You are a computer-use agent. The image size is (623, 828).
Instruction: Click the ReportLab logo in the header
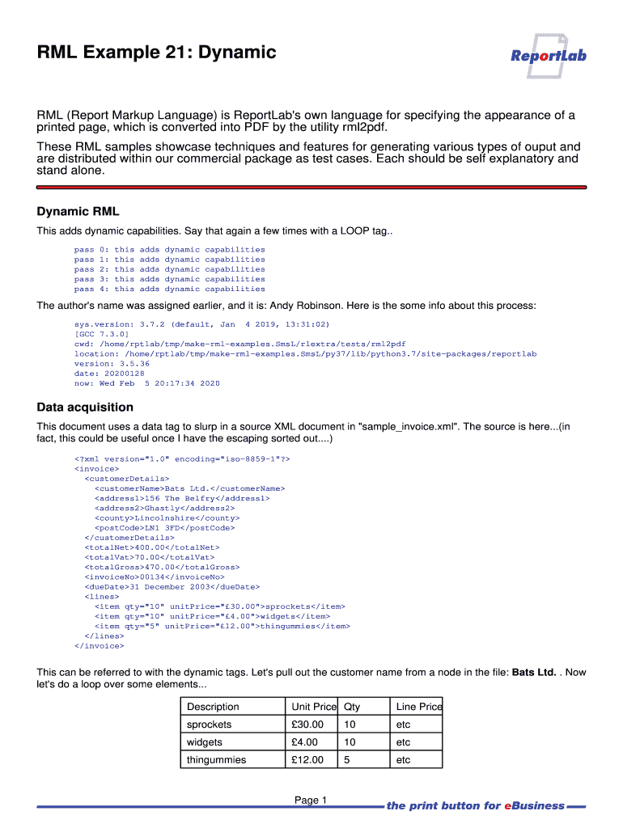click(x=548, y=55)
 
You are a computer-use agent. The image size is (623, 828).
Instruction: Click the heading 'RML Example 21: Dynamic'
click(x=157, y=53)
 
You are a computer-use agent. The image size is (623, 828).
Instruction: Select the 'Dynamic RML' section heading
click(x=78, y=212)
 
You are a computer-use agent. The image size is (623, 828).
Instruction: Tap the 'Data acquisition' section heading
click(x=85, y=407)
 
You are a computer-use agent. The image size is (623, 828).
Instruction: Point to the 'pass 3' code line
click(x=169, y=279)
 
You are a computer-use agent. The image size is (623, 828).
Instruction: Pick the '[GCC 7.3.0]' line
click(x=101, y=334)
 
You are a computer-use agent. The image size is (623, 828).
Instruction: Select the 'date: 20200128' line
click(x=109, y=374)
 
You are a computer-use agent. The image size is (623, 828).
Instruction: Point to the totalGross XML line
click(x=154, y=567)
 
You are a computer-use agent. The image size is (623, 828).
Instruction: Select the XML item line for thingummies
click(x=222, y=626)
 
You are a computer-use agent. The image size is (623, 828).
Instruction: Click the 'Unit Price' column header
click(x=313, y=707)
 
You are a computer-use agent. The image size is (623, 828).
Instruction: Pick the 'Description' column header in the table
click(x=213, y=707)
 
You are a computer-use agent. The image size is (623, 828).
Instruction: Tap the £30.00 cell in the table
click(x=307, y=724)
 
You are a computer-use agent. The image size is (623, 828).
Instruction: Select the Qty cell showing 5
click(x=347, y=760)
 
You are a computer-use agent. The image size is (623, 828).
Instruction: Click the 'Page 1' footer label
click(x=311, y=801)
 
